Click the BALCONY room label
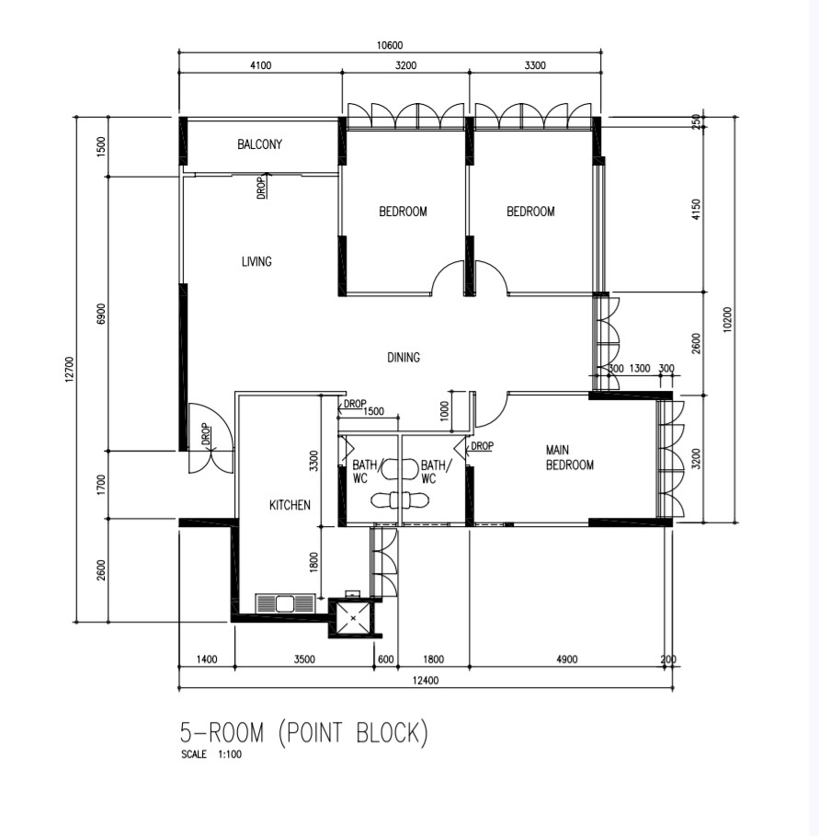259,144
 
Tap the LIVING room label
256,261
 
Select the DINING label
404,357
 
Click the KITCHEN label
290,505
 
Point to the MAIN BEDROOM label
570,457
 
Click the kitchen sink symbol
286,603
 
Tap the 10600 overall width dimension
390,45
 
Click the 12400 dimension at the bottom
426,681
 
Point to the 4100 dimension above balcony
260,65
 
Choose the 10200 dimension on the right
727,320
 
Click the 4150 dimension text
696,210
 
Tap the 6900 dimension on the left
101,314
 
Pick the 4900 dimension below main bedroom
567,659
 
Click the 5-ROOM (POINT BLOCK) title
304,733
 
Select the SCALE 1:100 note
211,754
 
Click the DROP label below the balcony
261,188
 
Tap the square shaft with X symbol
352,618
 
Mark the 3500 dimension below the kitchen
304,659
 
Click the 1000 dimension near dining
445,411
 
